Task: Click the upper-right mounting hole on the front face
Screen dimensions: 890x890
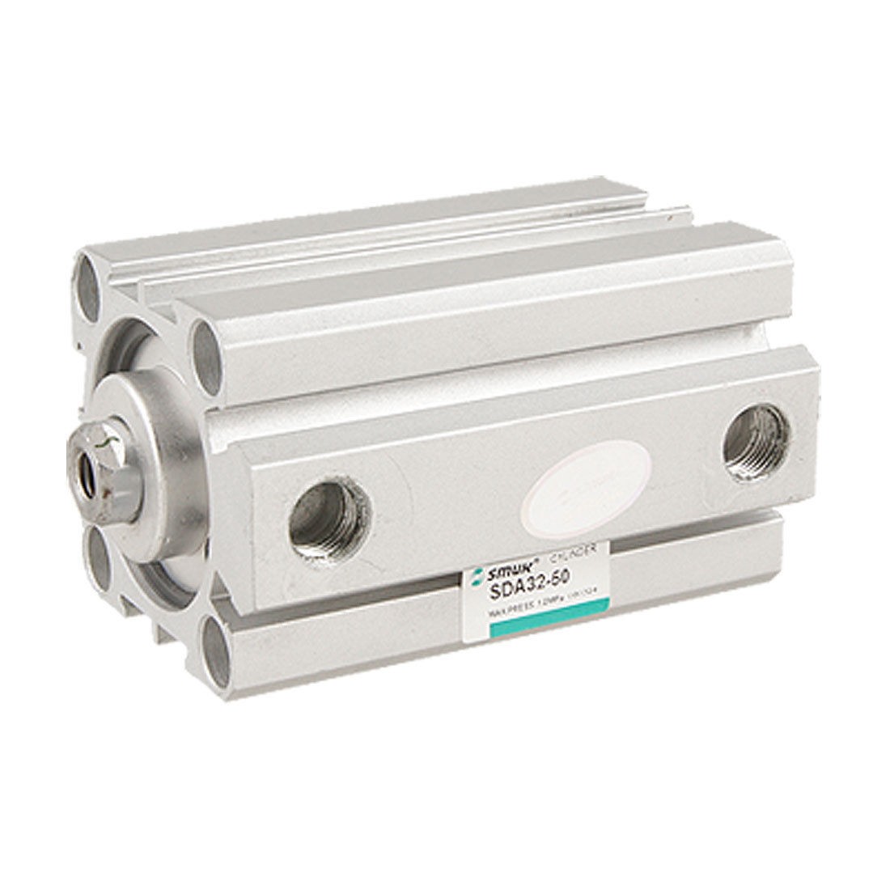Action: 203,344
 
